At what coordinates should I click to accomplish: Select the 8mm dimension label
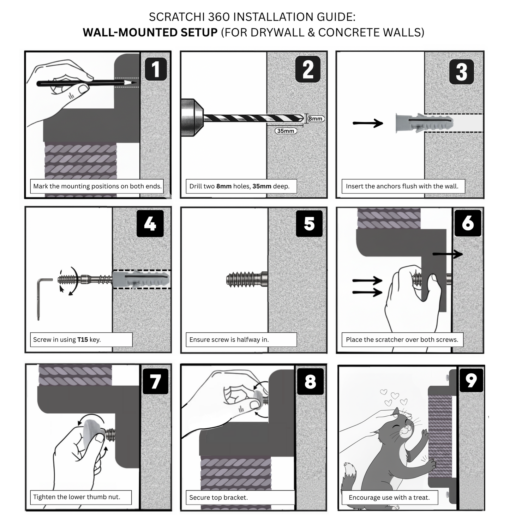click(315, 119)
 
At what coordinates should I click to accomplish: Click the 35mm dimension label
click(286, 131)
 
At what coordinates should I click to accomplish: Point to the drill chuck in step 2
click(192, 118)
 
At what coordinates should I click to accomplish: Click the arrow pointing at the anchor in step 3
click(368, 123)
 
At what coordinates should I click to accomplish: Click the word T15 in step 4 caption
click(83, 339)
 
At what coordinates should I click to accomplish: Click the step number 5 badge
click(309, 223)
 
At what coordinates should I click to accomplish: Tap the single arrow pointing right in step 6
click(447, 254)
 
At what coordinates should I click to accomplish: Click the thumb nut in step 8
click(260, 396)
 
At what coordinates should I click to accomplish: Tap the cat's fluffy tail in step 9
click(350, 474)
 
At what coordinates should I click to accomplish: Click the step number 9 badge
click(471, 380)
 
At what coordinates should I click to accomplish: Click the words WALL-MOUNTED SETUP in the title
click(150, 32)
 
